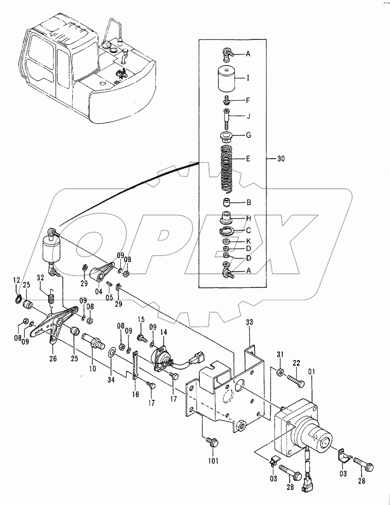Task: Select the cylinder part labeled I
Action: pyautogui.click(x=227, y=79)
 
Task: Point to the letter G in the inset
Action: pyautogui.click(x=248, y=135)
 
